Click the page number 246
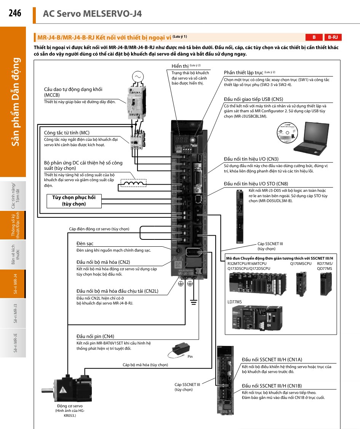pos(15,13)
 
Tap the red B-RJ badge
pos(333,37)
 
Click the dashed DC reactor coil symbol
pos(133,183)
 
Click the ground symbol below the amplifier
pos(194,302)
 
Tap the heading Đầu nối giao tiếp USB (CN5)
pos(253,99)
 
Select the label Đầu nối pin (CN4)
pos(95,336)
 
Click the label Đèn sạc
pos(85,243)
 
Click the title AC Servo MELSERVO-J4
pos(93,14)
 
